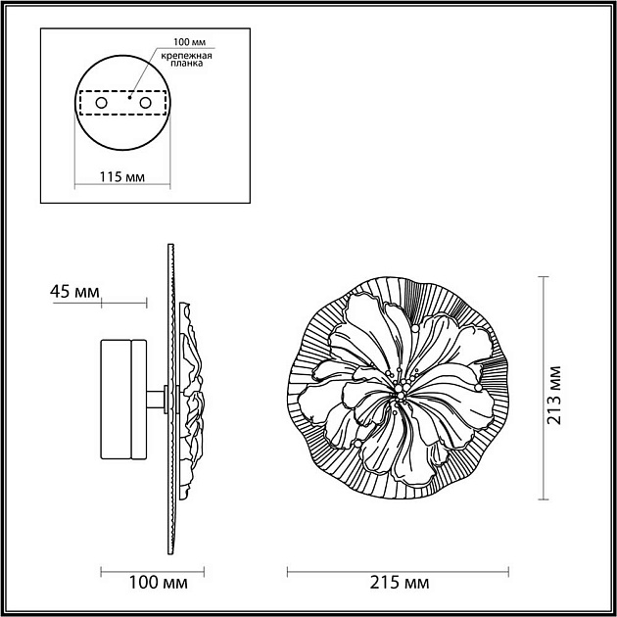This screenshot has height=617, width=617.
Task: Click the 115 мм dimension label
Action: (122, 177)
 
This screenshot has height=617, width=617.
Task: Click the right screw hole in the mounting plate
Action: (145, 102)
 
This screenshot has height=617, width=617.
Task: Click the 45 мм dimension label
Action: (74, 291)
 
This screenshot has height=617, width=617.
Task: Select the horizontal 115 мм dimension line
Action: (122, 186)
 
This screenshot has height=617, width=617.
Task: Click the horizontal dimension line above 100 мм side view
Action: (152, 569)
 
